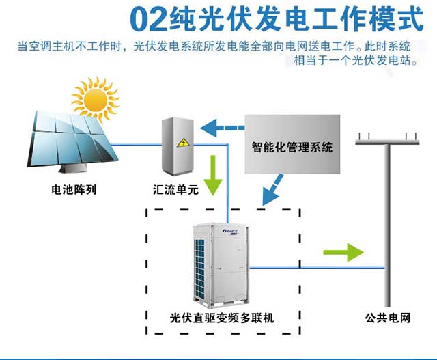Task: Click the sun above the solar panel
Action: pyautogui.click(x=96, y=100)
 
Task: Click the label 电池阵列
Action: pyautogui.click(x=74, y=190)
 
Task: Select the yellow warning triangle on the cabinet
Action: pyautogui.click(x=183, y=143)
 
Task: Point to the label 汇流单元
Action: pyautogui.click(x=175, y=190)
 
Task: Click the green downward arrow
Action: pyautogui.click(x=213, y=175)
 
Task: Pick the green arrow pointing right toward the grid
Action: pyautogui.click(x=343, y=252)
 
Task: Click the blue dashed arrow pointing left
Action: pyautogui.click(x=222, y=128)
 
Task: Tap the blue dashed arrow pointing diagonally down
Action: pyautogui.click(x=272, y=190)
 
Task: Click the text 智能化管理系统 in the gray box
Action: pyautogui.click(x=292, y=147)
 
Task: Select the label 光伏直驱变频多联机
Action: pyautogui.click(x=222, y=318)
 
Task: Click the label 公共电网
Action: pyautogui.click(x=388, y=318)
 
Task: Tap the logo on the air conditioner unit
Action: pyautogui.click(x=230, y=232)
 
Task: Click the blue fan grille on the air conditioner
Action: pyautogui.click(x=199, y=269)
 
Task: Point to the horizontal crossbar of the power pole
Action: pyautogui.click(x=387, y=142)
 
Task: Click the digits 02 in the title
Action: pyautogui.click(x=149, y=20)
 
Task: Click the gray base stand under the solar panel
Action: pyautogui.click(x=72, y=168)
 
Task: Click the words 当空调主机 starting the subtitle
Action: pyautogui.click(x=46, y=46)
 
